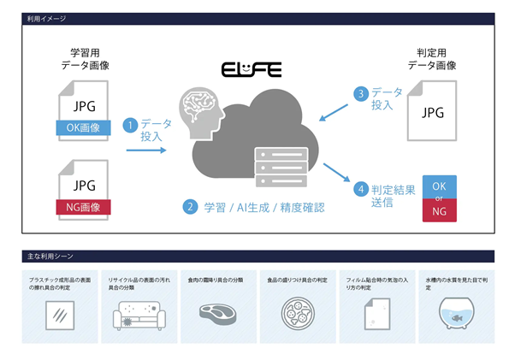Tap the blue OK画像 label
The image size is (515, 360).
tap(84, 127)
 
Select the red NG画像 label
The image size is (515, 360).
tap(84, 205)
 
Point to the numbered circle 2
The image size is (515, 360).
tap(189, 206)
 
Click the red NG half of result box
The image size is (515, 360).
tap(439, 210)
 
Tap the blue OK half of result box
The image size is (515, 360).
tap(439, 186)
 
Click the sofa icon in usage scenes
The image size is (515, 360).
tap(140, 316)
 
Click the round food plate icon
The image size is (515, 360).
tap(297, 313)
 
